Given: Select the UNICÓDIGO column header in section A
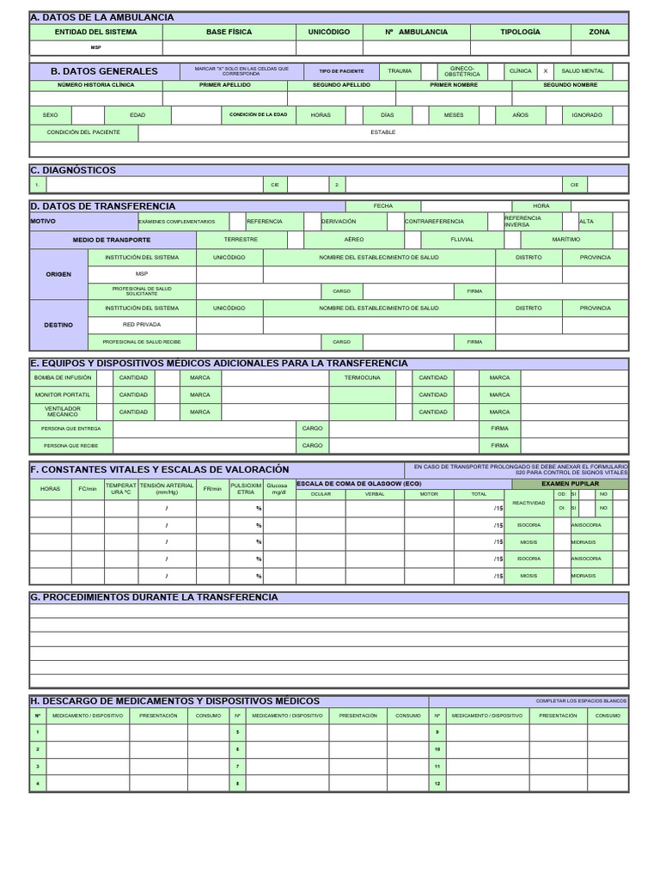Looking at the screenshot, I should (x=329, y=32).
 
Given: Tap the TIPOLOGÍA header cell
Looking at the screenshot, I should (x=520, y=32).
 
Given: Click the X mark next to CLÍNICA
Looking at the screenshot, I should (x=545, y=71).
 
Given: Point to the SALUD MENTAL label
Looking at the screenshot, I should (x=583, y=71).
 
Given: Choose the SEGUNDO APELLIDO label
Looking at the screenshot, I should (x=328, y=85).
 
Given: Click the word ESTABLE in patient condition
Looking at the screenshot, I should (x=383, y=132).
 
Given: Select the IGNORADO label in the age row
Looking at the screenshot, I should (x=587, y=114).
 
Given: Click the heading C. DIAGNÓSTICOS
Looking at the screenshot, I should (x=73, y=170).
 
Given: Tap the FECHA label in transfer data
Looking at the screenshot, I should (x=382, y=206).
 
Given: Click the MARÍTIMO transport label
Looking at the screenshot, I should (x=565, y=239).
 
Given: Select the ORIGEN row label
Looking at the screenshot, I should (x=58, y=274).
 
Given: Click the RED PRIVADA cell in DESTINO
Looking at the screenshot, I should (x=142, y=325).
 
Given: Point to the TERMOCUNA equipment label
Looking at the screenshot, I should (x=362, y=377).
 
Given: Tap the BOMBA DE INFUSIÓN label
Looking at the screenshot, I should (x=63, y=377).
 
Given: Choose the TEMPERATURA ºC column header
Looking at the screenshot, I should (x=120, y=488).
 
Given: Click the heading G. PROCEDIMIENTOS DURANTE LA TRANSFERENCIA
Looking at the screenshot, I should (x=154, y=597).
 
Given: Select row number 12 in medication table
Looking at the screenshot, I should (x=437, y=783).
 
